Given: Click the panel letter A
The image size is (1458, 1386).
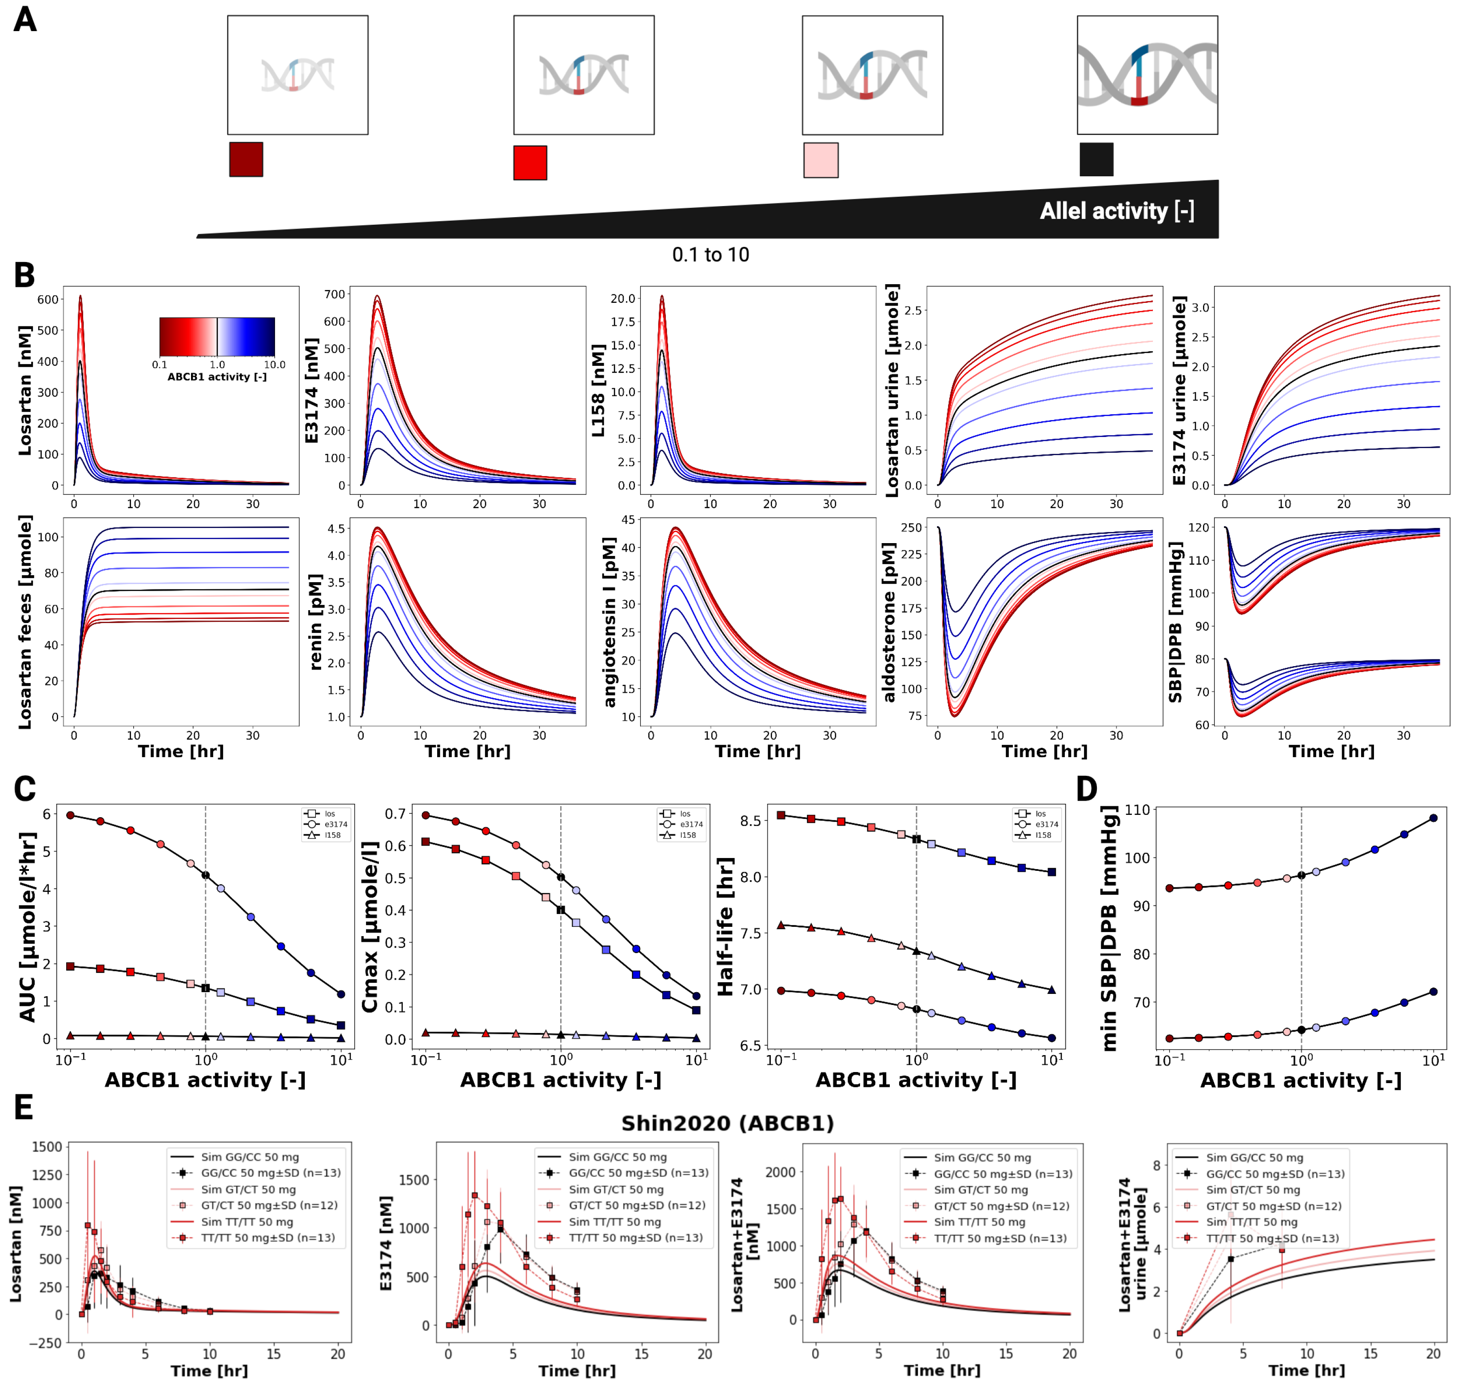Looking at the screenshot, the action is tap(25, 20).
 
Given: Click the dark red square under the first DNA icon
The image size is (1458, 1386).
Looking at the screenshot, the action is tap(246, 159).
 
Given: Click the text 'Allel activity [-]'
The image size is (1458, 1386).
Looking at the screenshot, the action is tap(1116, 211).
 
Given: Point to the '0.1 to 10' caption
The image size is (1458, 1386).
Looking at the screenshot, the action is tap(710, 255).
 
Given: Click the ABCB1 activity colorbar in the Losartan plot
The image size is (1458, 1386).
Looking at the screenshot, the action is tap(217, 337).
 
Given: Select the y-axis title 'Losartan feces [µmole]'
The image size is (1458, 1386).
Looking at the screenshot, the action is tap(26, 622).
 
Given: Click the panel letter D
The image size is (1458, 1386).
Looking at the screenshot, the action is tap(1086, 789).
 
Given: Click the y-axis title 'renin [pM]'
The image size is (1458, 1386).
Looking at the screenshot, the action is tap(315, 622).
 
